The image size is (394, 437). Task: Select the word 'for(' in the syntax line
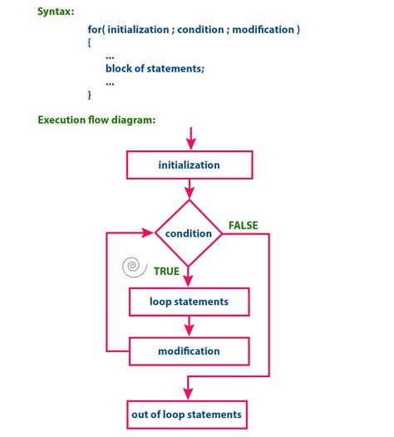click(x=97, y=30)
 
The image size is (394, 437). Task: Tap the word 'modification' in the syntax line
click(x=265, y=30)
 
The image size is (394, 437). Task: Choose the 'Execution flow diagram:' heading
click(x=97, y=120)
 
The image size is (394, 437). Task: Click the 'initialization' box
click(x=189, y=164)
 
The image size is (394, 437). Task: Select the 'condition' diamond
click(x=189, y=233)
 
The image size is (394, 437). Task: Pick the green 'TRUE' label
click(x=167, y=270)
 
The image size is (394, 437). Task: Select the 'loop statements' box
click(x=189, y=301)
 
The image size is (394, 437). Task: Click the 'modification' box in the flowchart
click(x=189, y=350)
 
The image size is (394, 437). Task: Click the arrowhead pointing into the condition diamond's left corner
click(x=150, y=233)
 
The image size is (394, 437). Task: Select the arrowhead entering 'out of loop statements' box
click(x=190, y=392)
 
